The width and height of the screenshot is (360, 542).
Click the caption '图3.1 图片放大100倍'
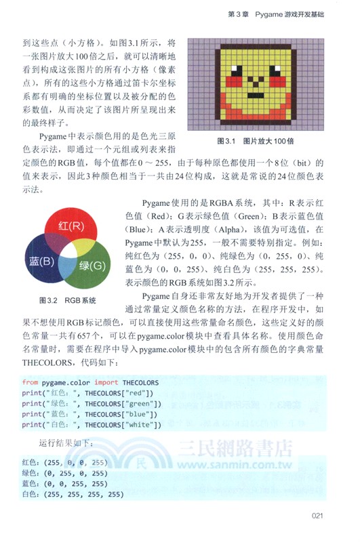[x=254, y=142]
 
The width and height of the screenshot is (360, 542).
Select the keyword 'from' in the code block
[x=30, y=382]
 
